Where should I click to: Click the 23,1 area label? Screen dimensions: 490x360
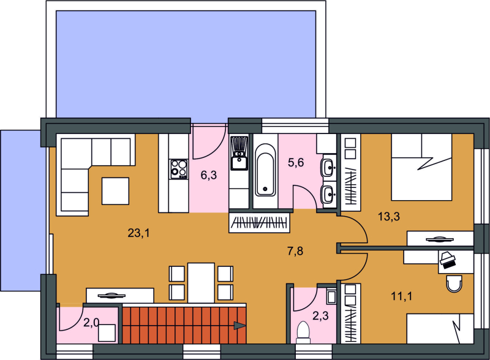(138, 233)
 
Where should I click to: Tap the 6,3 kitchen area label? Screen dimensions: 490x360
(209, 175)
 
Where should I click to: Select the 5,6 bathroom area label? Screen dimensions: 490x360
(296, 162)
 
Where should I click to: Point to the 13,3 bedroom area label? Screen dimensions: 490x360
(389, 216)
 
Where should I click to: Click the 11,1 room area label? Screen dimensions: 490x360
(402, 296)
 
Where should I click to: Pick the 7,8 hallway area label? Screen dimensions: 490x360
(295, 251)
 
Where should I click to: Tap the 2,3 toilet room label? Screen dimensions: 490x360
(320, 316)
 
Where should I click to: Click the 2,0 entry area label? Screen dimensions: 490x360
(91, 323)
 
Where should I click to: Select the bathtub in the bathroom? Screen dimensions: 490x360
(265, 170)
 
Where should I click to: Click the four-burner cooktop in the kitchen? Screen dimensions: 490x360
(179, 169)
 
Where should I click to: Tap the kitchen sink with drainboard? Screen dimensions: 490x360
(239, 153)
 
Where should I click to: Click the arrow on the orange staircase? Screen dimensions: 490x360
(239, 326)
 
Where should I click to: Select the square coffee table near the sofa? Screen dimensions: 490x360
(115, 191)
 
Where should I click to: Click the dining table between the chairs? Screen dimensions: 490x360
(201, 283)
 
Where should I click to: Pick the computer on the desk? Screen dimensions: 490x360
(448, 260)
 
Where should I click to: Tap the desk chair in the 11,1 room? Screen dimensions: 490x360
(454, 283)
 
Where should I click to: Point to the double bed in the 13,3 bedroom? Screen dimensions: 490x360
(421, 167)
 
